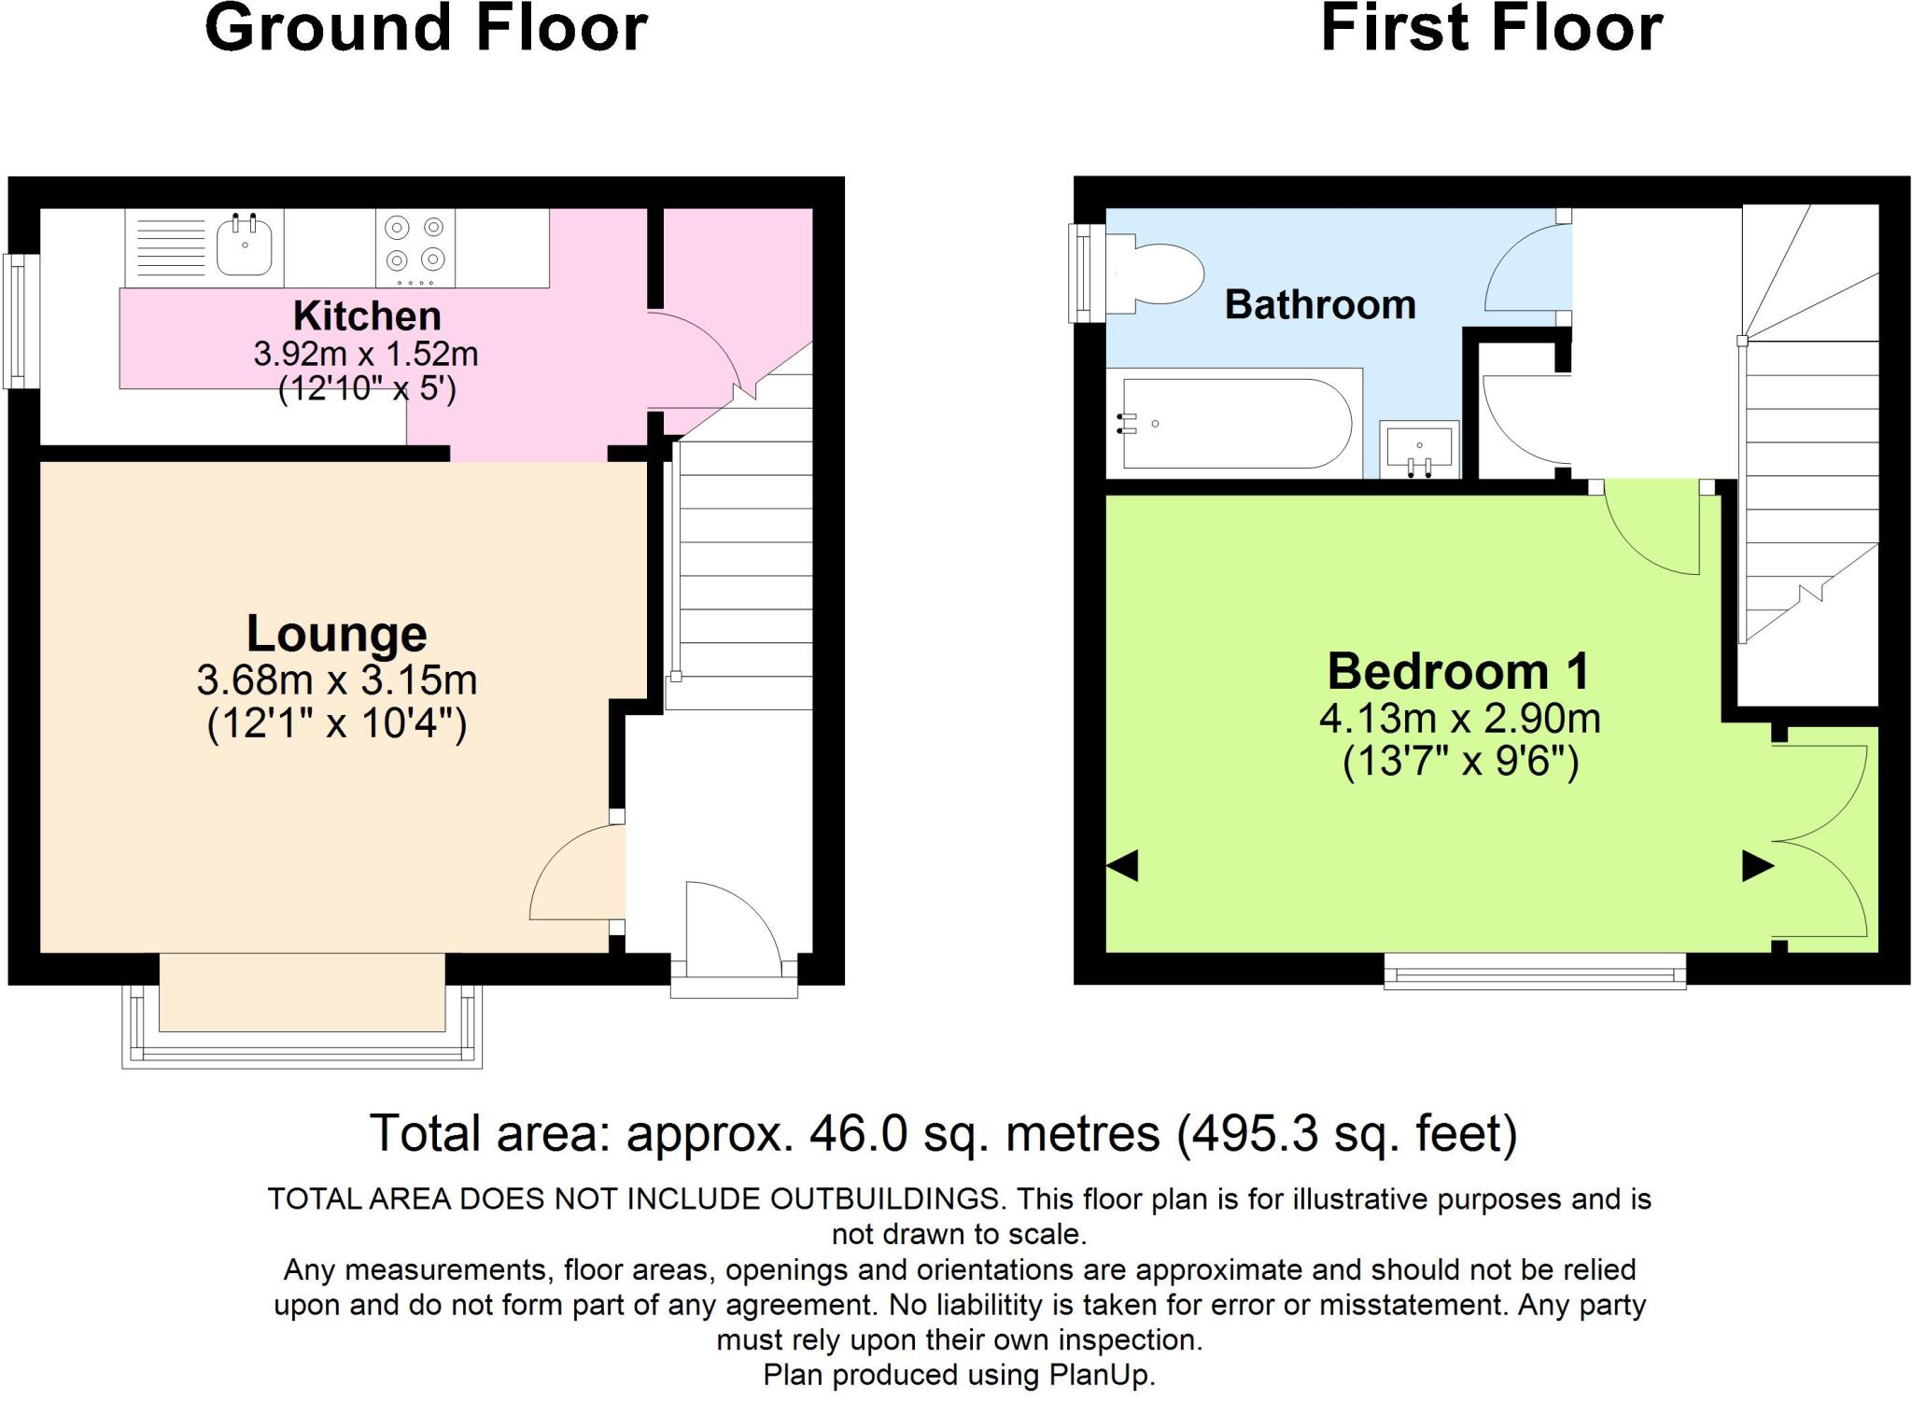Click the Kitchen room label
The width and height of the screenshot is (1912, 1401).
pos(367,316)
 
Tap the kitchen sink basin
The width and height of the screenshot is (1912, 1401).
pos(244,245)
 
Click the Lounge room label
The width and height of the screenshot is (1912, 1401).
pos(336,634)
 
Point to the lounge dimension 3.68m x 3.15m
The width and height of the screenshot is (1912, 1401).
pos(336,679)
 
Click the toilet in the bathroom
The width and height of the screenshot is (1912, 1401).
pos(1155,273)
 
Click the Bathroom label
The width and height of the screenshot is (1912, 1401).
pos(1319,305)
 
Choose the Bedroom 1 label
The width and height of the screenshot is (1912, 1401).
pos(1457,672)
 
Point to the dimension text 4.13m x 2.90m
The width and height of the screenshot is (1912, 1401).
pos(1459,719)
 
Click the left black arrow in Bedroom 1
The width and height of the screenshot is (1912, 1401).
pos(1122,865)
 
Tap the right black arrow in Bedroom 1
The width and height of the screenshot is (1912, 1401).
pos(1757,866)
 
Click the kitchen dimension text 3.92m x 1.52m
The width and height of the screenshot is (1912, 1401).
pos(365,355)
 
